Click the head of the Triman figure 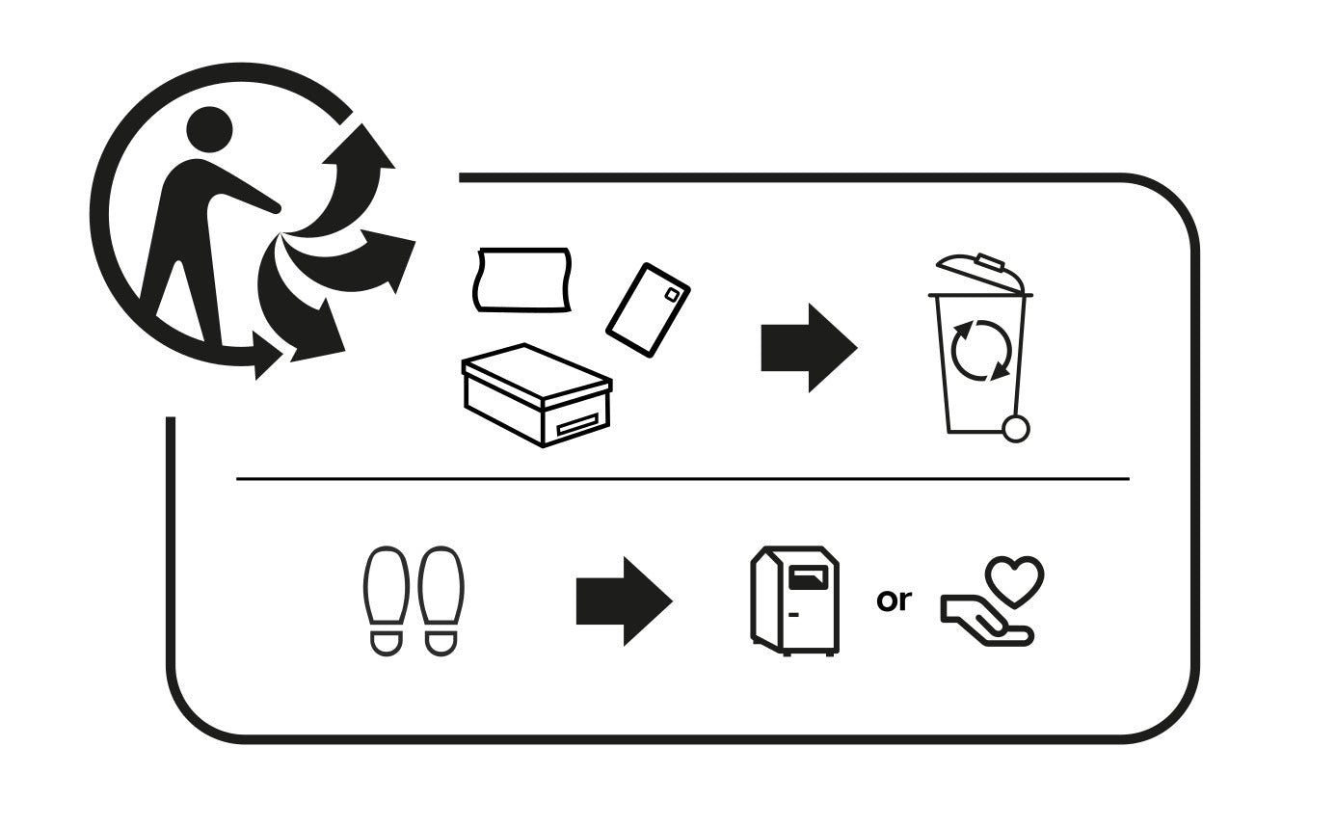click(x=209, y=130)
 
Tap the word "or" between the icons click(x=894, y=601)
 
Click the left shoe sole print click(x=387, y=601)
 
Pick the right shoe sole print click(x=441, y=601)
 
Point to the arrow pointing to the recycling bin click(x=809, y=348)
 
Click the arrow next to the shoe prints click(x=624, y=601)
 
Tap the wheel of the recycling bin click(x=1015, y=429)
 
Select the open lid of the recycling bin click(x=980, y=275)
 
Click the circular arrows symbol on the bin click(x=981, y=350)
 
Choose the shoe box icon click(x=537, y=395)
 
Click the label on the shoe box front click(x=576, y=426)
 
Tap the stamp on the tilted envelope click(x=672, y=295)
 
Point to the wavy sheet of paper click(x=522, y=280)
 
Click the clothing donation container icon click(x=794, y=600)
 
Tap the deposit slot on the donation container click(x=808, y=578)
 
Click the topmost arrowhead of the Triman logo click(x=359, y=146)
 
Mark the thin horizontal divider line click(x=682, y=478)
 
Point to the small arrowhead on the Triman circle click(x=267, y=356)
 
